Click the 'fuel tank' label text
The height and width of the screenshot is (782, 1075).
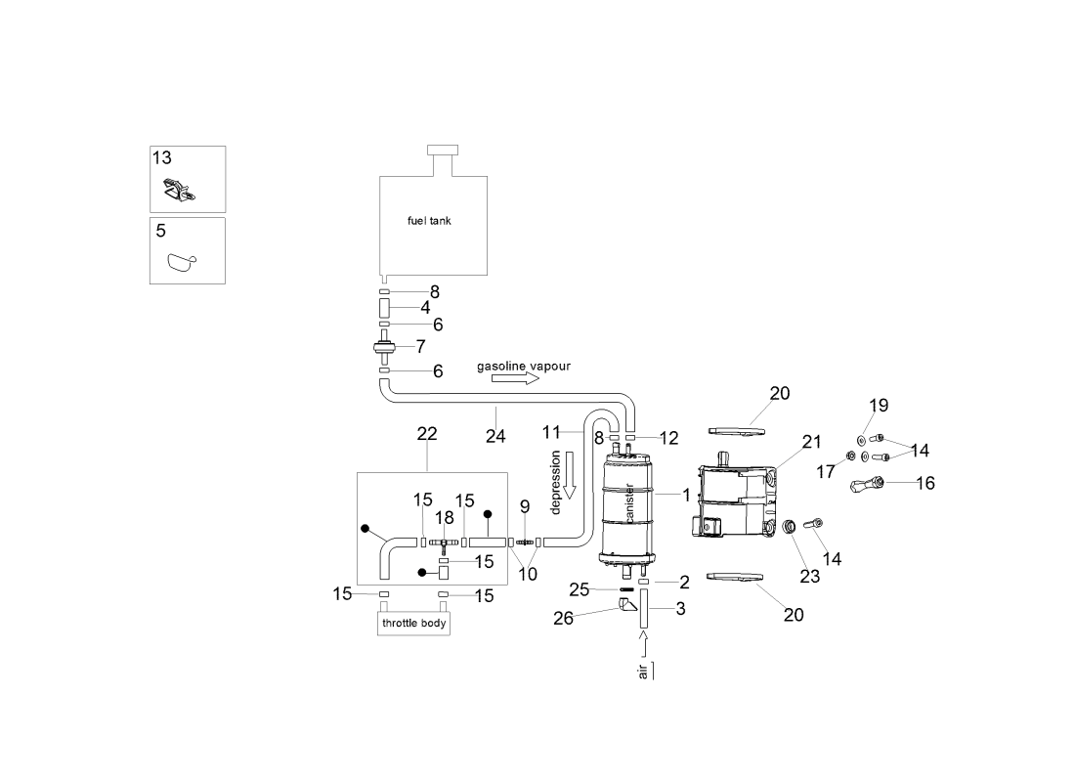point(429,221)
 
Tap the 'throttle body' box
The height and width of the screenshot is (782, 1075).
point(413,624)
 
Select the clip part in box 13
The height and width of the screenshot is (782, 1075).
point(176,190)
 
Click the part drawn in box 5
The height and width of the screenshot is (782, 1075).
point(181,261)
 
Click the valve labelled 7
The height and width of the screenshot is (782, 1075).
point(384,346)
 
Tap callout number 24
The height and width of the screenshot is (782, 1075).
point(495,437)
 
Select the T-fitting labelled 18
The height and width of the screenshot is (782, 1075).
point(443,542)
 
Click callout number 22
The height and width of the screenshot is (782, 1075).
point(427,433)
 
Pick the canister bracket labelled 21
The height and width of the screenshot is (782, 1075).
point(738,499)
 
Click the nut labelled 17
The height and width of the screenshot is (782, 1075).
point(851,456)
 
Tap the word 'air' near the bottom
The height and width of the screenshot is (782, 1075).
point(643,673)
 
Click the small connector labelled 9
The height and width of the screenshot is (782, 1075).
point(523,541)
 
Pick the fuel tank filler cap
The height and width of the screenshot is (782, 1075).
point(443,149)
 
